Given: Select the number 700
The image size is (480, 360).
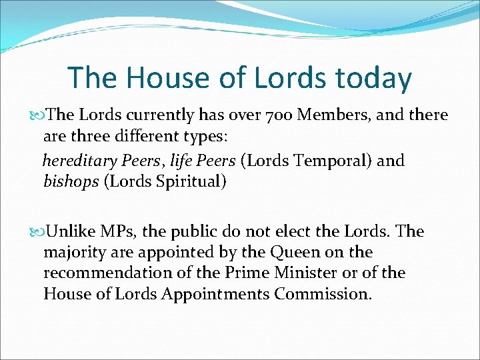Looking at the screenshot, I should coord(277,115).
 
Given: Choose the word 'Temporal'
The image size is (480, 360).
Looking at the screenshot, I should coord(327,161).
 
